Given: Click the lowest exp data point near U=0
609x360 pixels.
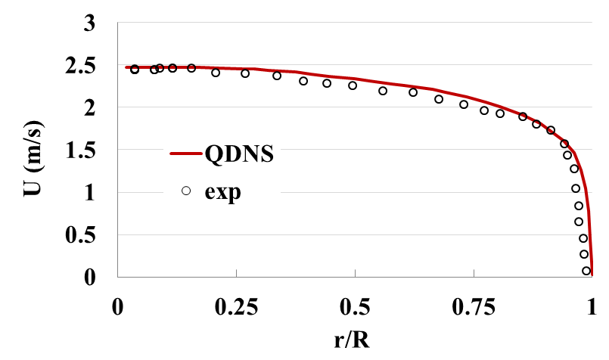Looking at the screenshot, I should coord(586,271).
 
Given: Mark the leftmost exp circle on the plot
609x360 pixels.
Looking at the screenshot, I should coord(135,70).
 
